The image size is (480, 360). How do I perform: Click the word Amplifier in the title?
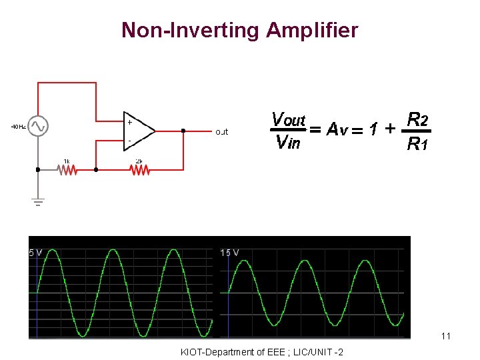click(x=311, y=31)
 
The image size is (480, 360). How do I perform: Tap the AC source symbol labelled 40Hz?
click(x=37, y=125)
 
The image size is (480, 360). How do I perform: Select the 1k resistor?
click(x=67, y=170)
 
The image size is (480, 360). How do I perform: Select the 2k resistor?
click(x=139, y=170)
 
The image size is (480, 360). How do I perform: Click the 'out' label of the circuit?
click(x=221, y=132)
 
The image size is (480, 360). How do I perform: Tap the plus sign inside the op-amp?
click(x=129, y=123)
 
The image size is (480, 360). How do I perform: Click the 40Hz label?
click(x=18, y=126)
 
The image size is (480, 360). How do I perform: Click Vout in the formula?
click(x=288, y=120)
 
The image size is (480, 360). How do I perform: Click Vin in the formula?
click(x=287, y=141)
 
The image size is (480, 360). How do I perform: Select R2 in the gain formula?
click(x=417, y=120)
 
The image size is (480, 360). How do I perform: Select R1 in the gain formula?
click(x=417, y=143)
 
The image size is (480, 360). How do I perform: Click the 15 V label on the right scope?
click(x=230, y=253)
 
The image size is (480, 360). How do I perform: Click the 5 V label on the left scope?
click(x=35, y=253)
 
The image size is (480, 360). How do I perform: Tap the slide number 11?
click(x=446, y=336)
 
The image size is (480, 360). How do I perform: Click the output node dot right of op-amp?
click(x=183, y=131)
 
